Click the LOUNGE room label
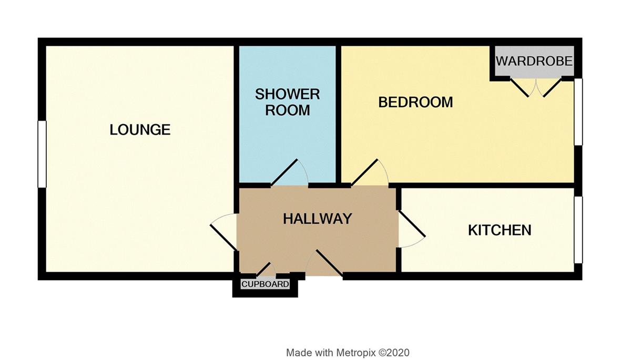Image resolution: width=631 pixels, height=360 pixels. click(140, 130)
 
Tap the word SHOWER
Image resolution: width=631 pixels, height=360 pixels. click(287, 94)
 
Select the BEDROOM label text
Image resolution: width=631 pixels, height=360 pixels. click(415, 102)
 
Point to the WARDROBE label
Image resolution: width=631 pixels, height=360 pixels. click(534, 61)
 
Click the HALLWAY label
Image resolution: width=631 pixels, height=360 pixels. click(318, 219)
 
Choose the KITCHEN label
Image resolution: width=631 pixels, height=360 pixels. click(500, 230)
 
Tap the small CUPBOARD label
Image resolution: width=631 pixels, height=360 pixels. click(265, 284)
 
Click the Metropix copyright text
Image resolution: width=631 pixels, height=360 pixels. click(348, 353)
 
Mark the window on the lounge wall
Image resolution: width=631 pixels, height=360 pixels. click(42, 154)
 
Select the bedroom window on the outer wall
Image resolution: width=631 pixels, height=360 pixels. click(578, 112)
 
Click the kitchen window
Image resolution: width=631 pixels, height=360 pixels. click(578, 230)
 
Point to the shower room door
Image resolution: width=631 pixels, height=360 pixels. click(284, 172)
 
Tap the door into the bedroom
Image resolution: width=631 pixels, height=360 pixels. click(364, 172)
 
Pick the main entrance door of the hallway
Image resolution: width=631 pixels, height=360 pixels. click(329, 263)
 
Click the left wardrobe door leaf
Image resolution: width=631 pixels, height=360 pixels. click(519, 88)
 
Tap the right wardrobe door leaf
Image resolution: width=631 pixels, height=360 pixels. click(553, 88)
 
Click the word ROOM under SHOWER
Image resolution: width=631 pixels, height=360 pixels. click(287, 110)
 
